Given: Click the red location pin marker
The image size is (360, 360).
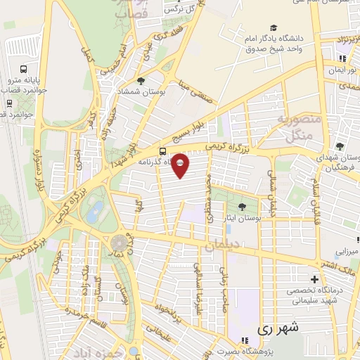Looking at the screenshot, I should [x=181, y=165].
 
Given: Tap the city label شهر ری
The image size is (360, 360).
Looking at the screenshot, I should [x=278, y=328].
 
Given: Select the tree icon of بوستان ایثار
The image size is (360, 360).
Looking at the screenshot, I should [x=243, y=206].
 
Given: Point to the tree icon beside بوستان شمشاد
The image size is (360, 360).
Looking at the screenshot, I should [x=141, y=82].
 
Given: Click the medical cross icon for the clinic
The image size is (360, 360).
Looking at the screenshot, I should [x=314, y=280].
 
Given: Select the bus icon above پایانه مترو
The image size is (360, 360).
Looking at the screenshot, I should [x=24, y=70].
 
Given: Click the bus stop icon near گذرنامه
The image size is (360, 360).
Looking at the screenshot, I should [x=163, y=150].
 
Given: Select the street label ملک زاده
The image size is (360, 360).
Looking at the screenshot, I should [x=85, y=278].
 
